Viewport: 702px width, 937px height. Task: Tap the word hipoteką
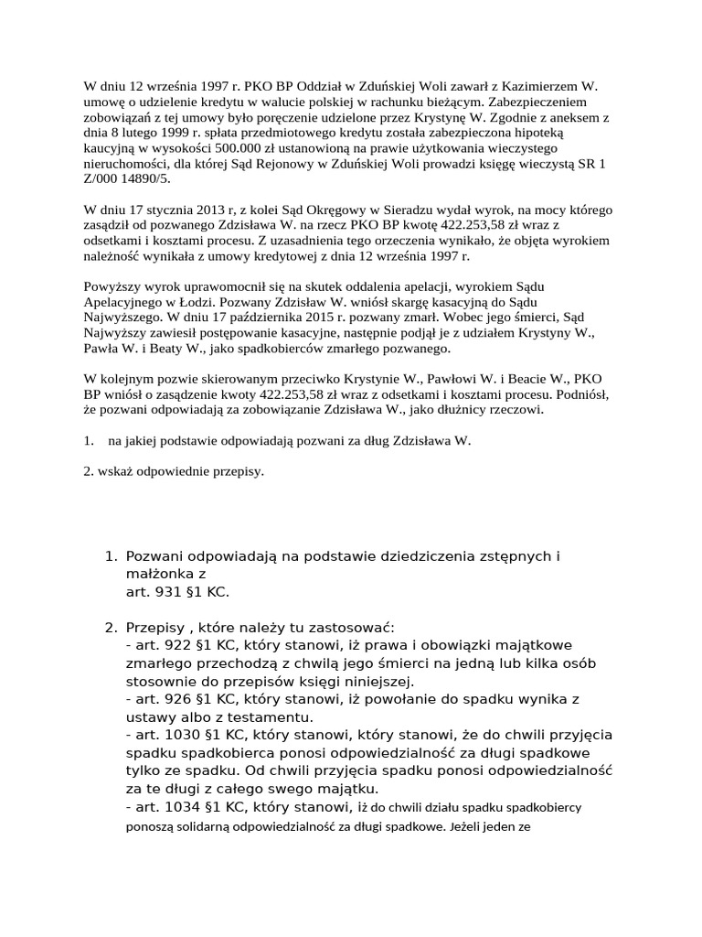[559, 132]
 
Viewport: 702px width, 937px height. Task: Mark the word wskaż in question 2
[115, 473]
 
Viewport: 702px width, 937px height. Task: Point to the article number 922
[183, 646]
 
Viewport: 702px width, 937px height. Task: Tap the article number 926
[183, 699]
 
